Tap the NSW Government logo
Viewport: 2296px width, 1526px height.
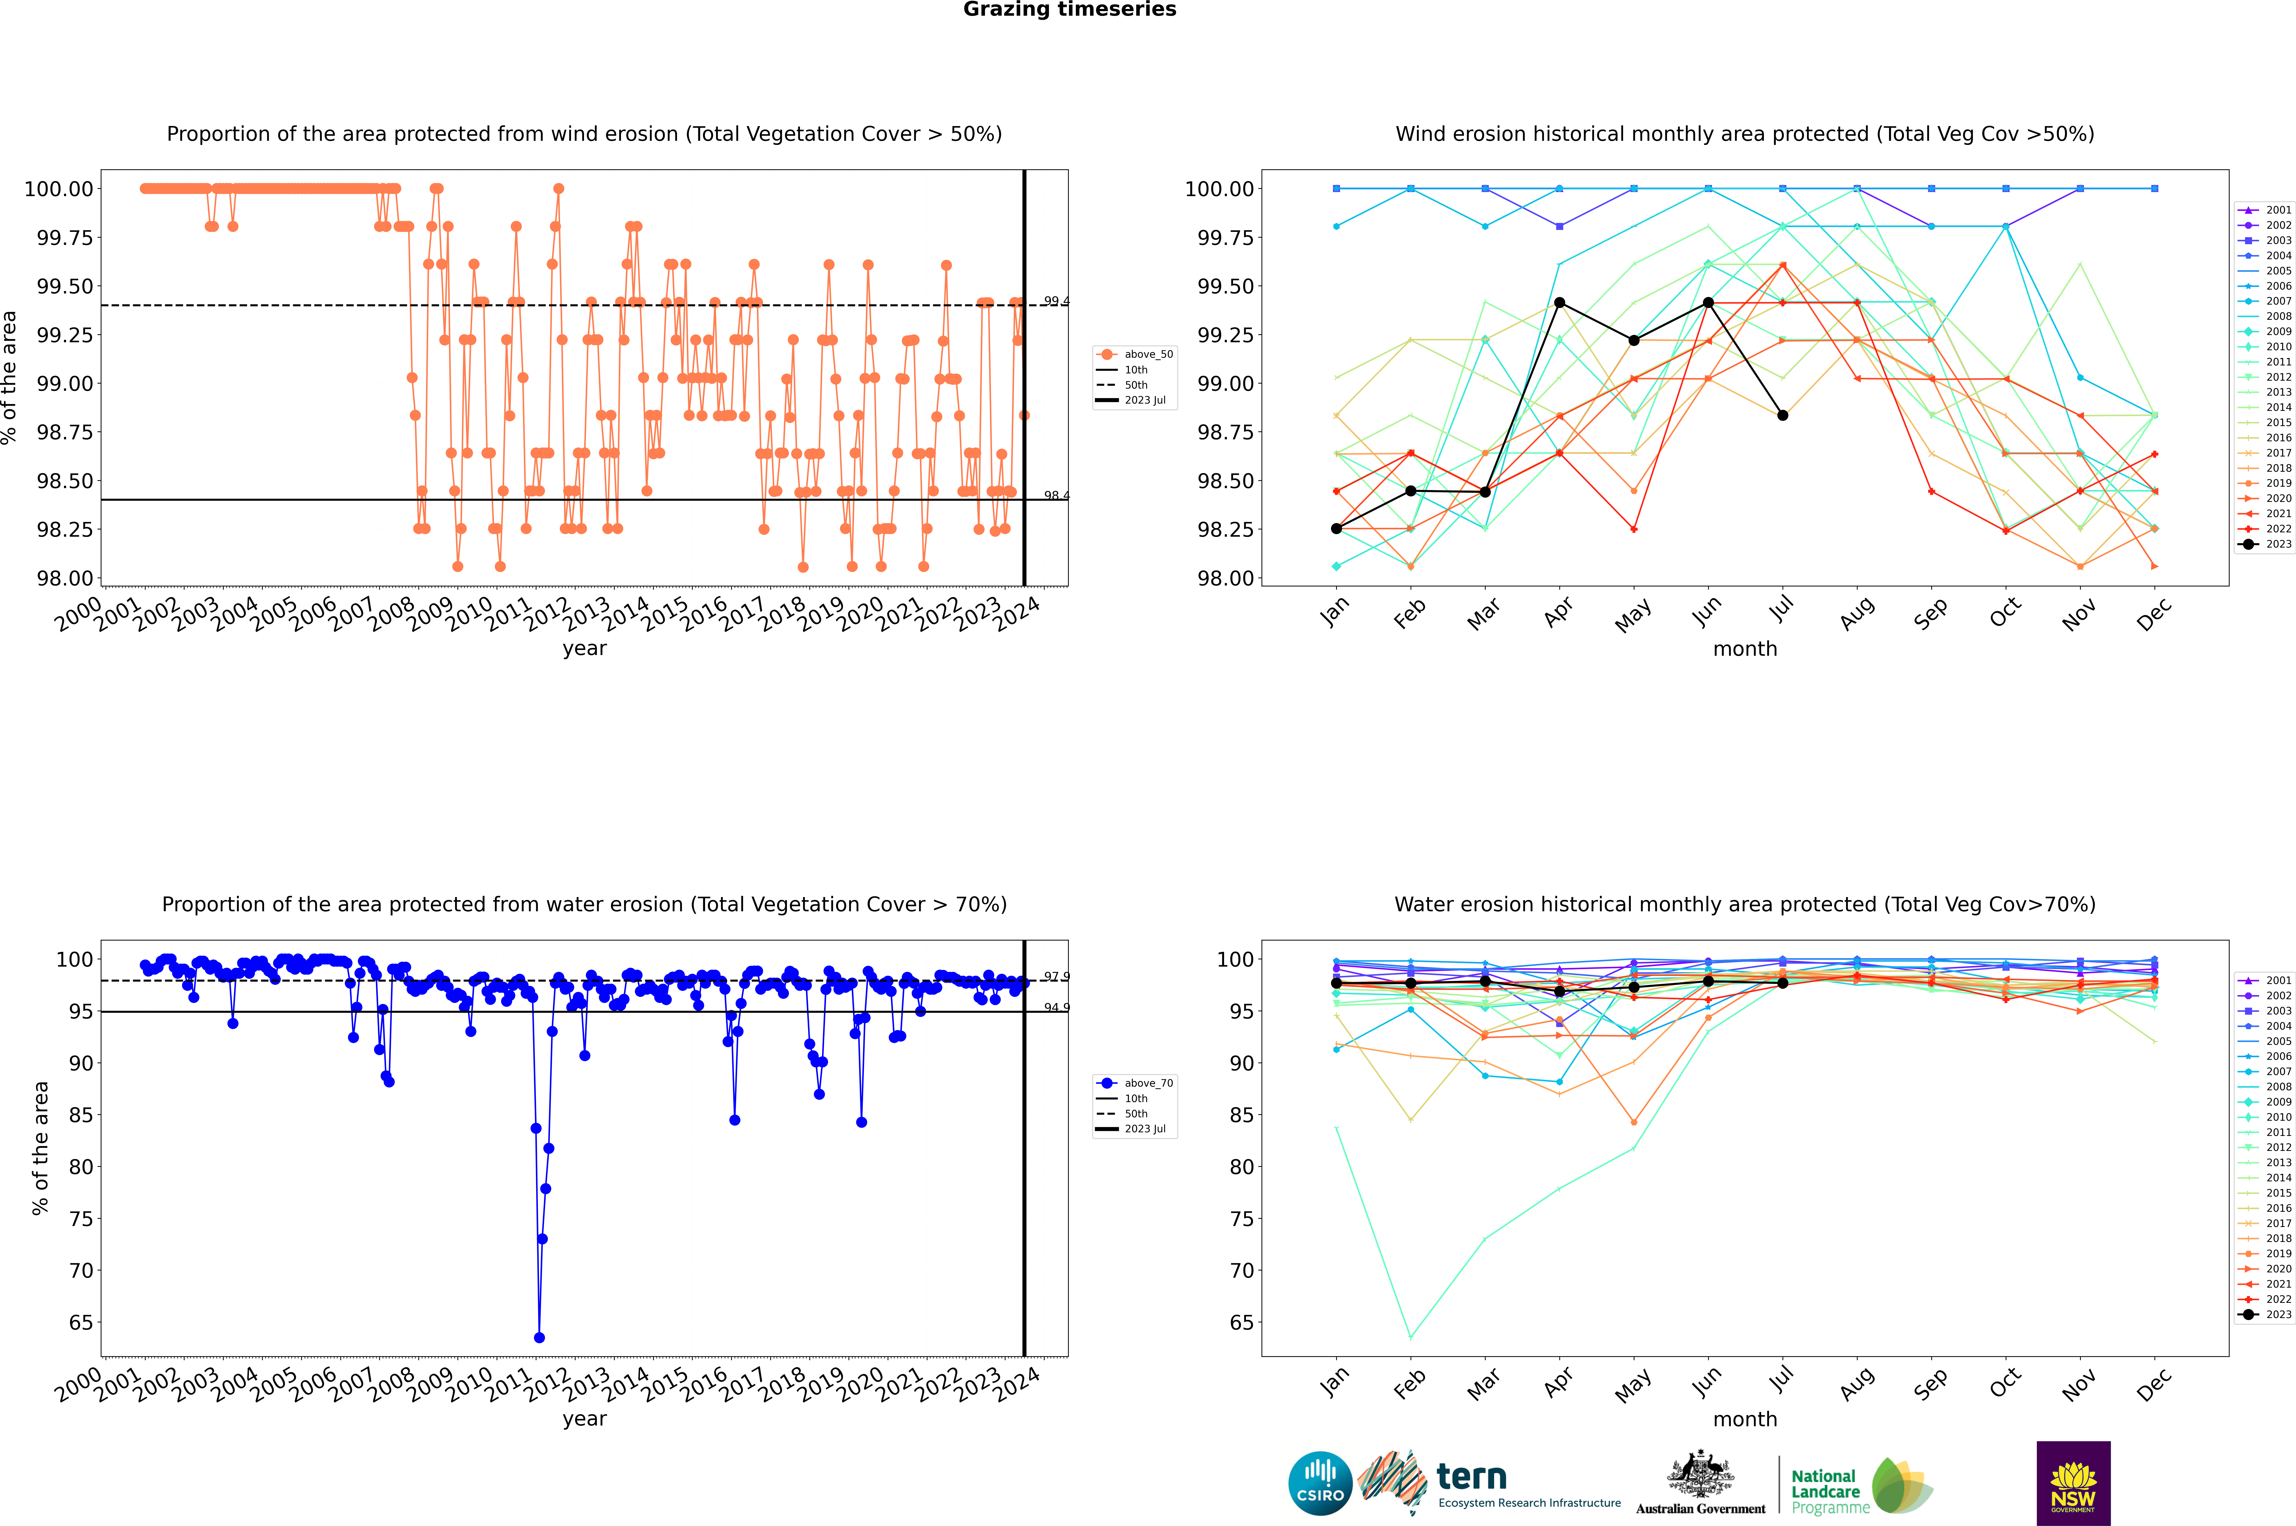(2073, 1483)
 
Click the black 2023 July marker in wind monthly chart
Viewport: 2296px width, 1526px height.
(1782, 416)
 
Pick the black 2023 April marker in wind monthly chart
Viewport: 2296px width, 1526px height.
(1559, 303)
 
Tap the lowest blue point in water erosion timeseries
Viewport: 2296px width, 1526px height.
(539, 1338)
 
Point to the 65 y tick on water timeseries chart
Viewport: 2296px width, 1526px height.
(81, 1323)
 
